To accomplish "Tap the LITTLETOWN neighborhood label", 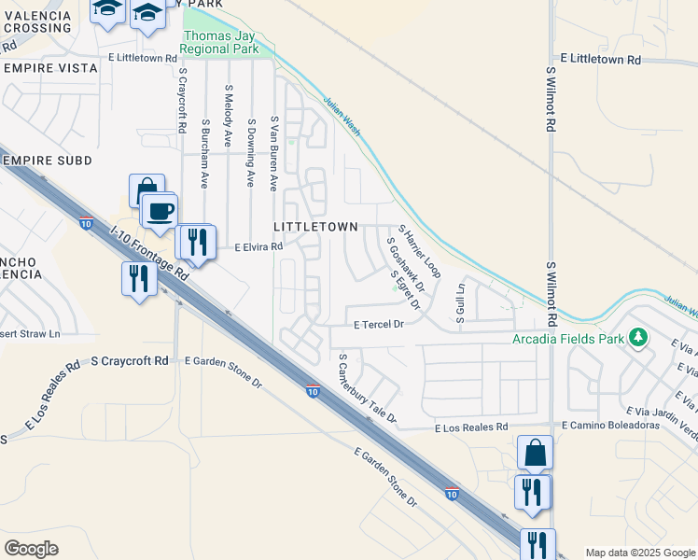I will (x=315, y=227).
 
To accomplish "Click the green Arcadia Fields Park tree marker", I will (x=637, y=336).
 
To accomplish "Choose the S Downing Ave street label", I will (x=251, y=153).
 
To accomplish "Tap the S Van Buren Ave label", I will (x=274, y=154).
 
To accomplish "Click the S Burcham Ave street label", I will (x=204, y=153).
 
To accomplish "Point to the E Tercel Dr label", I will (x=378, y=324).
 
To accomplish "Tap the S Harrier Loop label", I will (x=419, y=251).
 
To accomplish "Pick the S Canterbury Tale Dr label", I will (x=368, y=387).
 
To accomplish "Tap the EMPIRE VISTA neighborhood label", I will (x=51, y=68).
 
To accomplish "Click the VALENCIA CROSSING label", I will (x=36, y=22).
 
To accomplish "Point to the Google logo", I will (x=31, y=549).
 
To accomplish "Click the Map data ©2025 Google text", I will (x=640, y=553).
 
